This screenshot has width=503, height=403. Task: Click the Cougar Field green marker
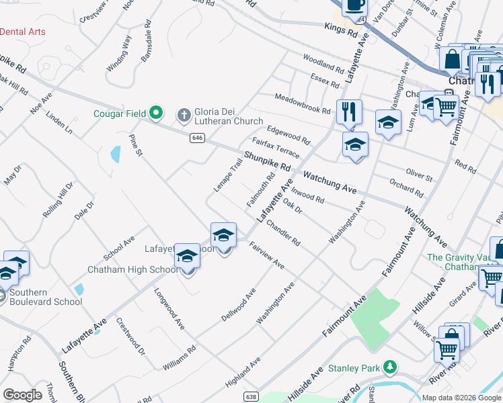tap(156, 112)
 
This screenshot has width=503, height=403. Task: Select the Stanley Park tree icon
tap(389, 367)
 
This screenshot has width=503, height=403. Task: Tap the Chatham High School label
tap(132, 270)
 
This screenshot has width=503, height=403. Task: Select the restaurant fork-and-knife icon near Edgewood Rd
tap(348, 111)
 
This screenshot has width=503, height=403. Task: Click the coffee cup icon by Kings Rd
tap(354, 6)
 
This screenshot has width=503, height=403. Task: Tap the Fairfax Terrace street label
tap(276, 148)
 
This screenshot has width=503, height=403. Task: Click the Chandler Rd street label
tap(282, 231)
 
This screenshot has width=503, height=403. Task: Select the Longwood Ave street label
tap(169, 309)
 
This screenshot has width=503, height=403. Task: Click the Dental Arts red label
tap(23, 32)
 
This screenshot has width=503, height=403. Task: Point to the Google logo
tap(23, 395)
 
